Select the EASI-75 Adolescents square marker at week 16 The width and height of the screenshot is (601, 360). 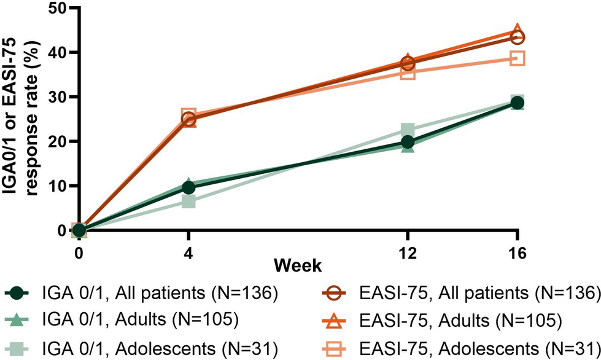click(x=518, y=58)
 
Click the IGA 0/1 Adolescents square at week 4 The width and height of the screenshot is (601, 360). click(x=188, y=201)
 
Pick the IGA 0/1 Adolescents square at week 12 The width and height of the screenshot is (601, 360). click(x=408, y=130)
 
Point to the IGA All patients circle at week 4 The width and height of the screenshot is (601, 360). click(x=188, y=187)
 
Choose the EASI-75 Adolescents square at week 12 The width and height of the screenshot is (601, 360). click(x=408, y=72)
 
